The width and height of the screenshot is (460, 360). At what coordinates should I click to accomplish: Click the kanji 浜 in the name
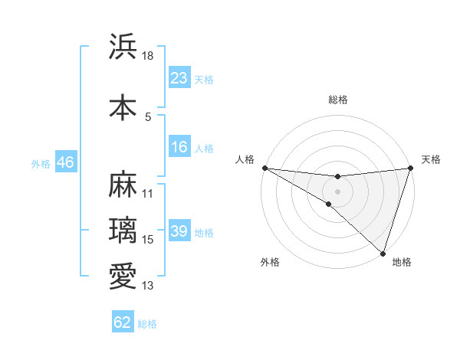coord(123,47)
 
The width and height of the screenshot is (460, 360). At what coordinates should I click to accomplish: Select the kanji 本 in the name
coord(123,107)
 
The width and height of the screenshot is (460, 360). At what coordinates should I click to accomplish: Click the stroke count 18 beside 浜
coord(149,56)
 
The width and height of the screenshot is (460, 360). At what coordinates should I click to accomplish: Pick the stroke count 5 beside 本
coord(148,116)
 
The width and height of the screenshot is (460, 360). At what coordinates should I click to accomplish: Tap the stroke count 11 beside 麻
coord(148,194)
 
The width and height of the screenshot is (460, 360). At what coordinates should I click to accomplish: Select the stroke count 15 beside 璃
coord(148,240)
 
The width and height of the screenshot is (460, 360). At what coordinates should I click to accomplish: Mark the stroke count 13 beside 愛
coord(148,286)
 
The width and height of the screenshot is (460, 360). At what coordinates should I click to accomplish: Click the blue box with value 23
coord(179,78)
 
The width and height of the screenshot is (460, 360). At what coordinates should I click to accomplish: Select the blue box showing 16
coord(179,147)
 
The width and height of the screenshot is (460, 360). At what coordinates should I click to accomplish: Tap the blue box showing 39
coord(179,231)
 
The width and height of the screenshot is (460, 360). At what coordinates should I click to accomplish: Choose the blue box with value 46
coord(65,162)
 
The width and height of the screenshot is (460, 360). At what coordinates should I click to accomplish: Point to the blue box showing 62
coord(123,322)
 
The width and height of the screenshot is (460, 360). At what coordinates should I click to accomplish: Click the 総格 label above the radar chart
coord(337,100)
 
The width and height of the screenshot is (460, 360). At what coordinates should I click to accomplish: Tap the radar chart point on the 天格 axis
coord(410,168)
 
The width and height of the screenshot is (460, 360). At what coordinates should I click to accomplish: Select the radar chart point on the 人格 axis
coord(264,168)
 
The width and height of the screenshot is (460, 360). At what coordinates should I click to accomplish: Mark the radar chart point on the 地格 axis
coord(383,253)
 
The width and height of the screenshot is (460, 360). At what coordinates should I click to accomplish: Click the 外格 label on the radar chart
coord(270,262)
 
